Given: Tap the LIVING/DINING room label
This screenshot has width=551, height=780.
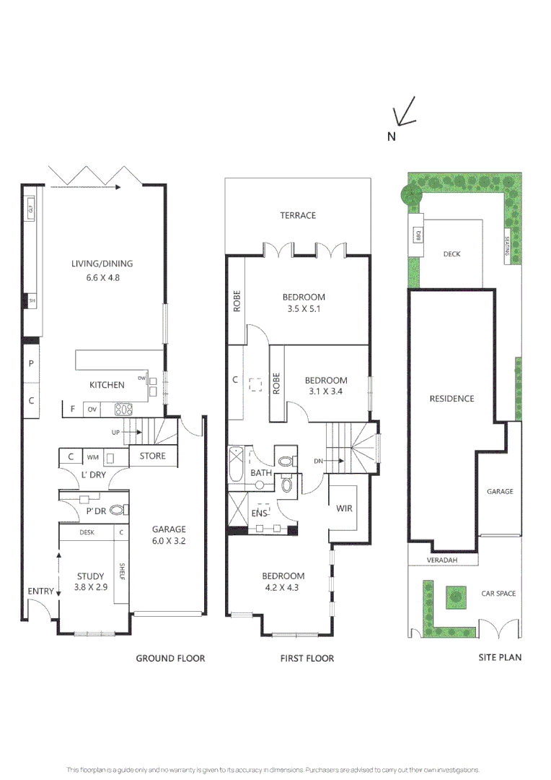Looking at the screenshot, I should point(102,269).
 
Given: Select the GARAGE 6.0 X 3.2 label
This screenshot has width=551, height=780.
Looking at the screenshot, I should point(168,534).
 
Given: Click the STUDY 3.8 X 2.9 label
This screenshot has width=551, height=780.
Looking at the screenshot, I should point(91,582).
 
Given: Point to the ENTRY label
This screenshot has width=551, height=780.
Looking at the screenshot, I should point(40,591).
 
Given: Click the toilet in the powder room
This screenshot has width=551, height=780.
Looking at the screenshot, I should point(118,510).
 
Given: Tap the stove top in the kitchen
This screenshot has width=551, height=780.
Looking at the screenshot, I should point(124,409).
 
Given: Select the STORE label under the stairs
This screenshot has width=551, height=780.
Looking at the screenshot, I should point(152,456).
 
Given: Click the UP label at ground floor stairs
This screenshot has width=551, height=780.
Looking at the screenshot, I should point(115,432).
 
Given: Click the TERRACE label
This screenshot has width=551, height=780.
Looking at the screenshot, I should point(298,215).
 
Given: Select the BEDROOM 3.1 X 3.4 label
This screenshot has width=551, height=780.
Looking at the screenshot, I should point(325,386).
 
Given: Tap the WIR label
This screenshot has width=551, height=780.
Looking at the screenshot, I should point(344,508).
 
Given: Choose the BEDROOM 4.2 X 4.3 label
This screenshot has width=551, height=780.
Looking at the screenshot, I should point(283,581).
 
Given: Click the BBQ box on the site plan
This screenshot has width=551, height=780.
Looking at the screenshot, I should point(418,235).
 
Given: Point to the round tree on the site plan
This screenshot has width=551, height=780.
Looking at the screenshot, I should point(411,193).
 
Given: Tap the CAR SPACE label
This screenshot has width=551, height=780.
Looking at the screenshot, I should point(498,594).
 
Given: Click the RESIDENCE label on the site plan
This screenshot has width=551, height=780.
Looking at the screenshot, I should point(451,399).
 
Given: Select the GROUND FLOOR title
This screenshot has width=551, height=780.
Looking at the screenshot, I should point(170,658).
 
